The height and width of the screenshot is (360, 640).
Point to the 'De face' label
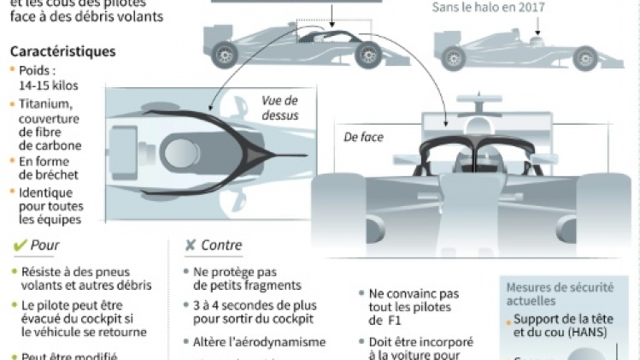(x=364, y=137)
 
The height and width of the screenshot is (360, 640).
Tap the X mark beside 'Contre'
(x=191, y=245)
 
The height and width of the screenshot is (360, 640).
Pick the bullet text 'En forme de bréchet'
(x=52, y=168)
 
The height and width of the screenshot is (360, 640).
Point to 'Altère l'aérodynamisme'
(x=254, y=342)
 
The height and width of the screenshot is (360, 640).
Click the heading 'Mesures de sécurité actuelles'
(x=555, y=294)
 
